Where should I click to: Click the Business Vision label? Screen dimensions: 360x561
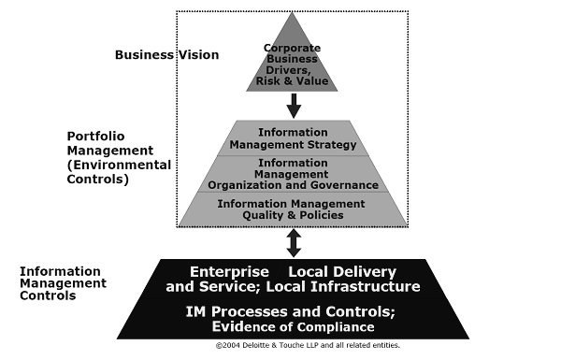[166, 54]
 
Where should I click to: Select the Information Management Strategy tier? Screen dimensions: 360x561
[294, 138]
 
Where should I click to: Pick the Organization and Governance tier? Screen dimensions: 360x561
[294, 173]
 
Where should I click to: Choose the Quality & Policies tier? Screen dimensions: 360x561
[294, 209]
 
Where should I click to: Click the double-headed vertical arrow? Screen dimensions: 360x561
[294, 243]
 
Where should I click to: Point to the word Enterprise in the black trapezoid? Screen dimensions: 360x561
[223, 271]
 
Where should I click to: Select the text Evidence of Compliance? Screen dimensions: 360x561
[294, 326]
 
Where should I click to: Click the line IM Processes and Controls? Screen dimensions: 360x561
[294, 310]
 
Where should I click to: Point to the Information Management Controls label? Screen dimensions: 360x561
[63, 282]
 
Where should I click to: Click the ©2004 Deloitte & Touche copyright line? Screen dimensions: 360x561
[308, 345]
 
